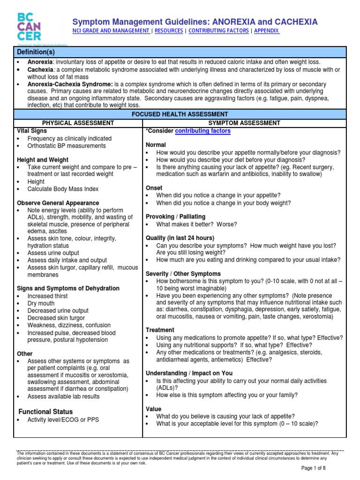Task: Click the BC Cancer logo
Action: (29, 27)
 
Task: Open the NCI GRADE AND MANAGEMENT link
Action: (110, 30)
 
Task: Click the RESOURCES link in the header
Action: (169, 30)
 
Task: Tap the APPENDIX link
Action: (267, 30)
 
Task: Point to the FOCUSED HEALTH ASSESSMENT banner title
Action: (180, 114)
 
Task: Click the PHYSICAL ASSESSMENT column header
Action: (78, 123)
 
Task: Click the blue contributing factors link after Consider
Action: (202, 131)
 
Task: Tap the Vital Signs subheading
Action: (32, 131)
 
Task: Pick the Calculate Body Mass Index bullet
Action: (63, 189)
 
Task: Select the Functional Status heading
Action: (45, 412)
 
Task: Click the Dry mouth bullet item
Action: (41, 303)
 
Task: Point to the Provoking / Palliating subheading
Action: (175, 217)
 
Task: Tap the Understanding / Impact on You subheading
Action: (189, 373)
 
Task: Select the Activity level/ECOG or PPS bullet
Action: (63, 420)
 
